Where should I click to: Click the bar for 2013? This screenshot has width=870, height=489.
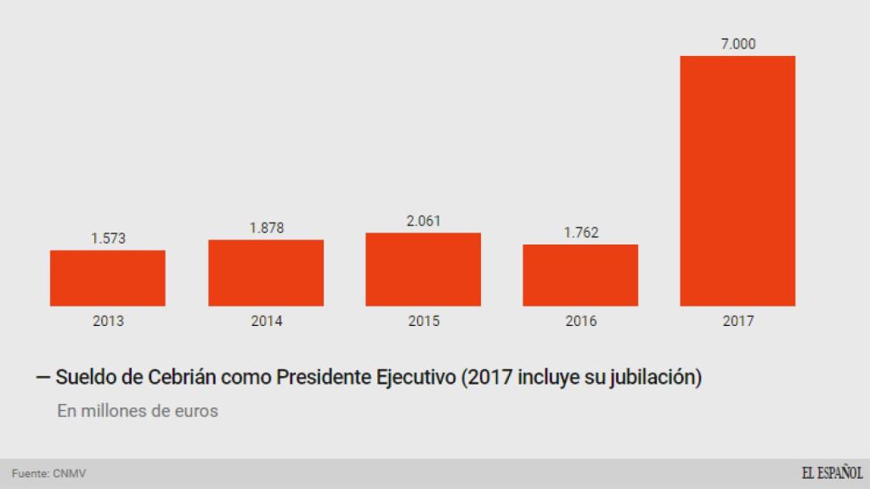click(x=108, y=278)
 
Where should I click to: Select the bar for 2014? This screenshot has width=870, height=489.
click(x=266, y=273)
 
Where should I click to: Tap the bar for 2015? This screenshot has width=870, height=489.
click(x=423, y=269)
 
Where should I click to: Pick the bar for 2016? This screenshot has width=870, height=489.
click(x=580, y=275)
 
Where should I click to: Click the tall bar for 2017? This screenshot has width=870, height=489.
click(x=737, y=181)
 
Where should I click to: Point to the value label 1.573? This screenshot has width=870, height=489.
click(x=108, y=239)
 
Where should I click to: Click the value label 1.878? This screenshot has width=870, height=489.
click(x=266, y=228)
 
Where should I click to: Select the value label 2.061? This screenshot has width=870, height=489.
click(x=423, y=221)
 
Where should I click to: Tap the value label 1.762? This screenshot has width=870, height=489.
click(x=580, y=233)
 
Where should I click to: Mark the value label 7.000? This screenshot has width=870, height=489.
click(x=737, y=44)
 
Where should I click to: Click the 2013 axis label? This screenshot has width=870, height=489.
click(x=108, y=322)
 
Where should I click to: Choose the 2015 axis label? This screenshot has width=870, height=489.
click(x=423, y=322)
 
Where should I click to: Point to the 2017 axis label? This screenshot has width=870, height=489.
click(x=737, y=322)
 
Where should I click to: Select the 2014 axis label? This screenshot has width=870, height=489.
click(x=266, y=322)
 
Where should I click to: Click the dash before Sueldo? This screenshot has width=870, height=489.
click(x=43, y=378)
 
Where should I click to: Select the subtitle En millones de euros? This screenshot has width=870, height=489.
click(x=138, y=411)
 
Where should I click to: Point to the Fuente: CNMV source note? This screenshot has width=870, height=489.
click(x=49, y=474)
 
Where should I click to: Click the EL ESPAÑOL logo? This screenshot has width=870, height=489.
click(x=832, y=474)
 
